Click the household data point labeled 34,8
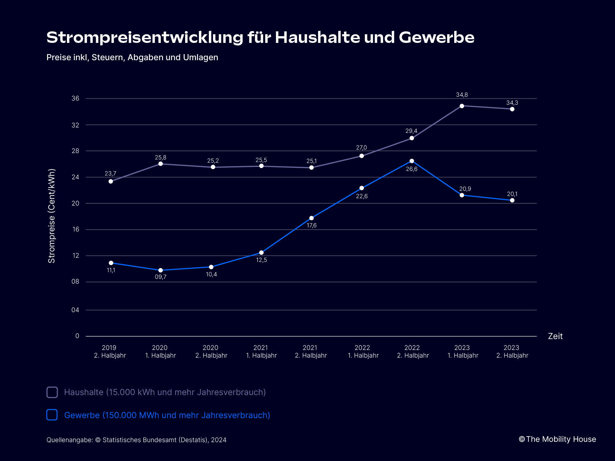[x=462, y=106]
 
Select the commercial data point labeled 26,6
[x=412, y=161]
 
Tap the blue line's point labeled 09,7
[x=160, y=270]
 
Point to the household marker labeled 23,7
[x=111, y=182]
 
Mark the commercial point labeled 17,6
[x=311, y=218]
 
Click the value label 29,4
[x=411, y=131]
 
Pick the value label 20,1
[x=512, y=194]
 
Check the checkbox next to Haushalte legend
[x=52, y=392]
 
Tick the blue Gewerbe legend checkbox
[x=52, y=415]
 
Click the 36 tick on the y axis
[x=75, y=99]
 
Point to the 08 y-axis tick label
[x=75, y=282]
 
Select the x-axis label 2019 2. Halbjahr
[x=110, y=352]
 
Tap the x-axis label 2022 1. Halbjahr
[x=363, y=352]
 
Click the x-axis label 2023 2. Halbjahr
[x=512, y=352]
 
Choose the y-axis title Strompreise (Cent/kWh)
[x=52, y=216]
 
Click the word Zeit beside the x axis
[x=555, y=336]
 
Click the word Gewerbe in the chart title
[x=436, y=37]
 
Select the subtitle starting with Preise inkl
[x=132, y=58]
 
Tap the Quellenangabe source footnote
[x=136, y=440]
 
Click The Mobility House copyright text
[x=557, y=439]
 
